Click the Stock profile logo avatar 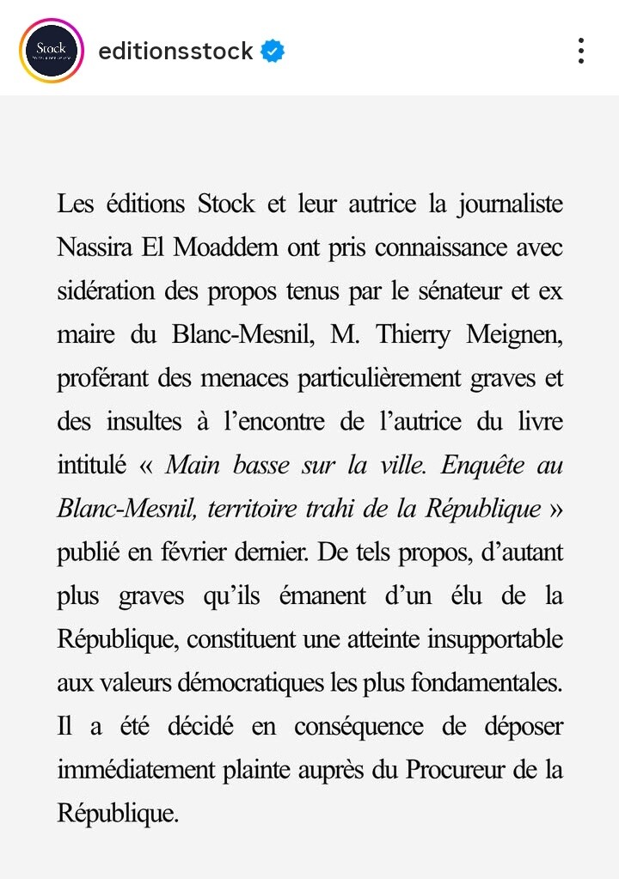51,51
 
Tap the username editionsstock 175,52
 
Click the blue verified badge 273,52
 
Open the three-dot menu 581,51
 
